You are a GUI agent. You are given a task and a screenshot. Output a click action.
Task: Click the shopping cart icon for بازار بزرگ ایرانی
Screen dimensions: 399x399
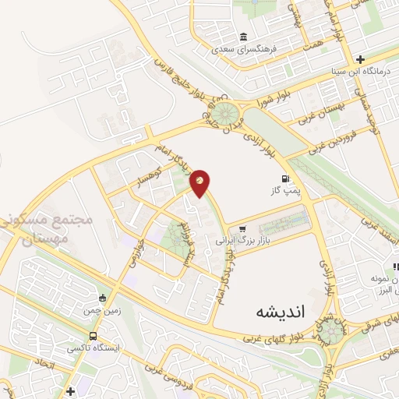click(x=242, y=229)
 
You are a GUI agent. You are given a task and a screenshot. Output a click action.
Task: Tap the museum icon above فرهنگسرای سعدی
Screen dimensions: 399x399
click(x=245, y=37)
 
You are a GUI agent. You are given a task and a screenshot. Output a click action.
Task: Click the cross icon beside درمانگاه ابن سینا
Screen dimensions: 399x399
click(x=360, y=59)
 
